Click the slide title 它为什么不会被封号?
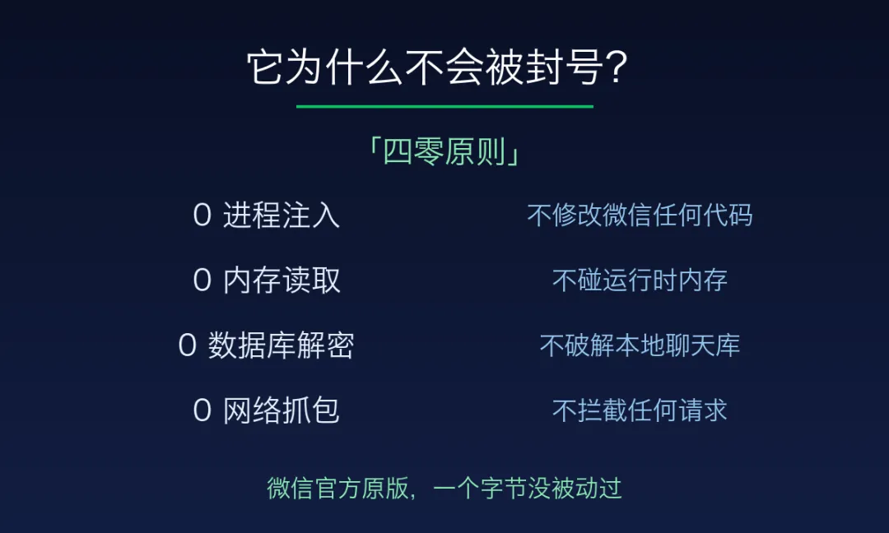[x=437, y=67]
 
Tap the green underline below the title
[x=444, y=106]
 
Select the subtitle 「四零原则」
[x=444, y=152]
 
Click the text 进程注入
[x=282, y=216]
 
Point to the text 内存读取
[x=282, y=280]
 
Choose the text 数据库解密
[x=282, y=345]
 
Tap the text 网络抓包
[x=282, y=410]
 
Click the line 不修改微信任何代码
[x=640, y=216]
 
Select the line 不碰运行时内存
[x=640, y=280]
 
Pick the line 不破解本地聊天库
[x=640, y=345]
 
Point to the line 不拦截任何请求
[x=640, y=410]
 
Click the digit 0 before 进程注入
[x=202, y=216]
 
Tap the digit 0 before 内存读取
[x=202, y=280]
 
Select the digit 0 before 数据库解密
[x=187, y=345]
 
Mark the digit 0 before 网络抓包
[x=202, y=410]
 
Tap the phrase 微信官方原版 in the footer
[x=338, y=489]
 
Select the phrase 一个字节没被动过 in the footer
[x=528, y=489]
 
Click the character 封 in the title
[x=545, y=67]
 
